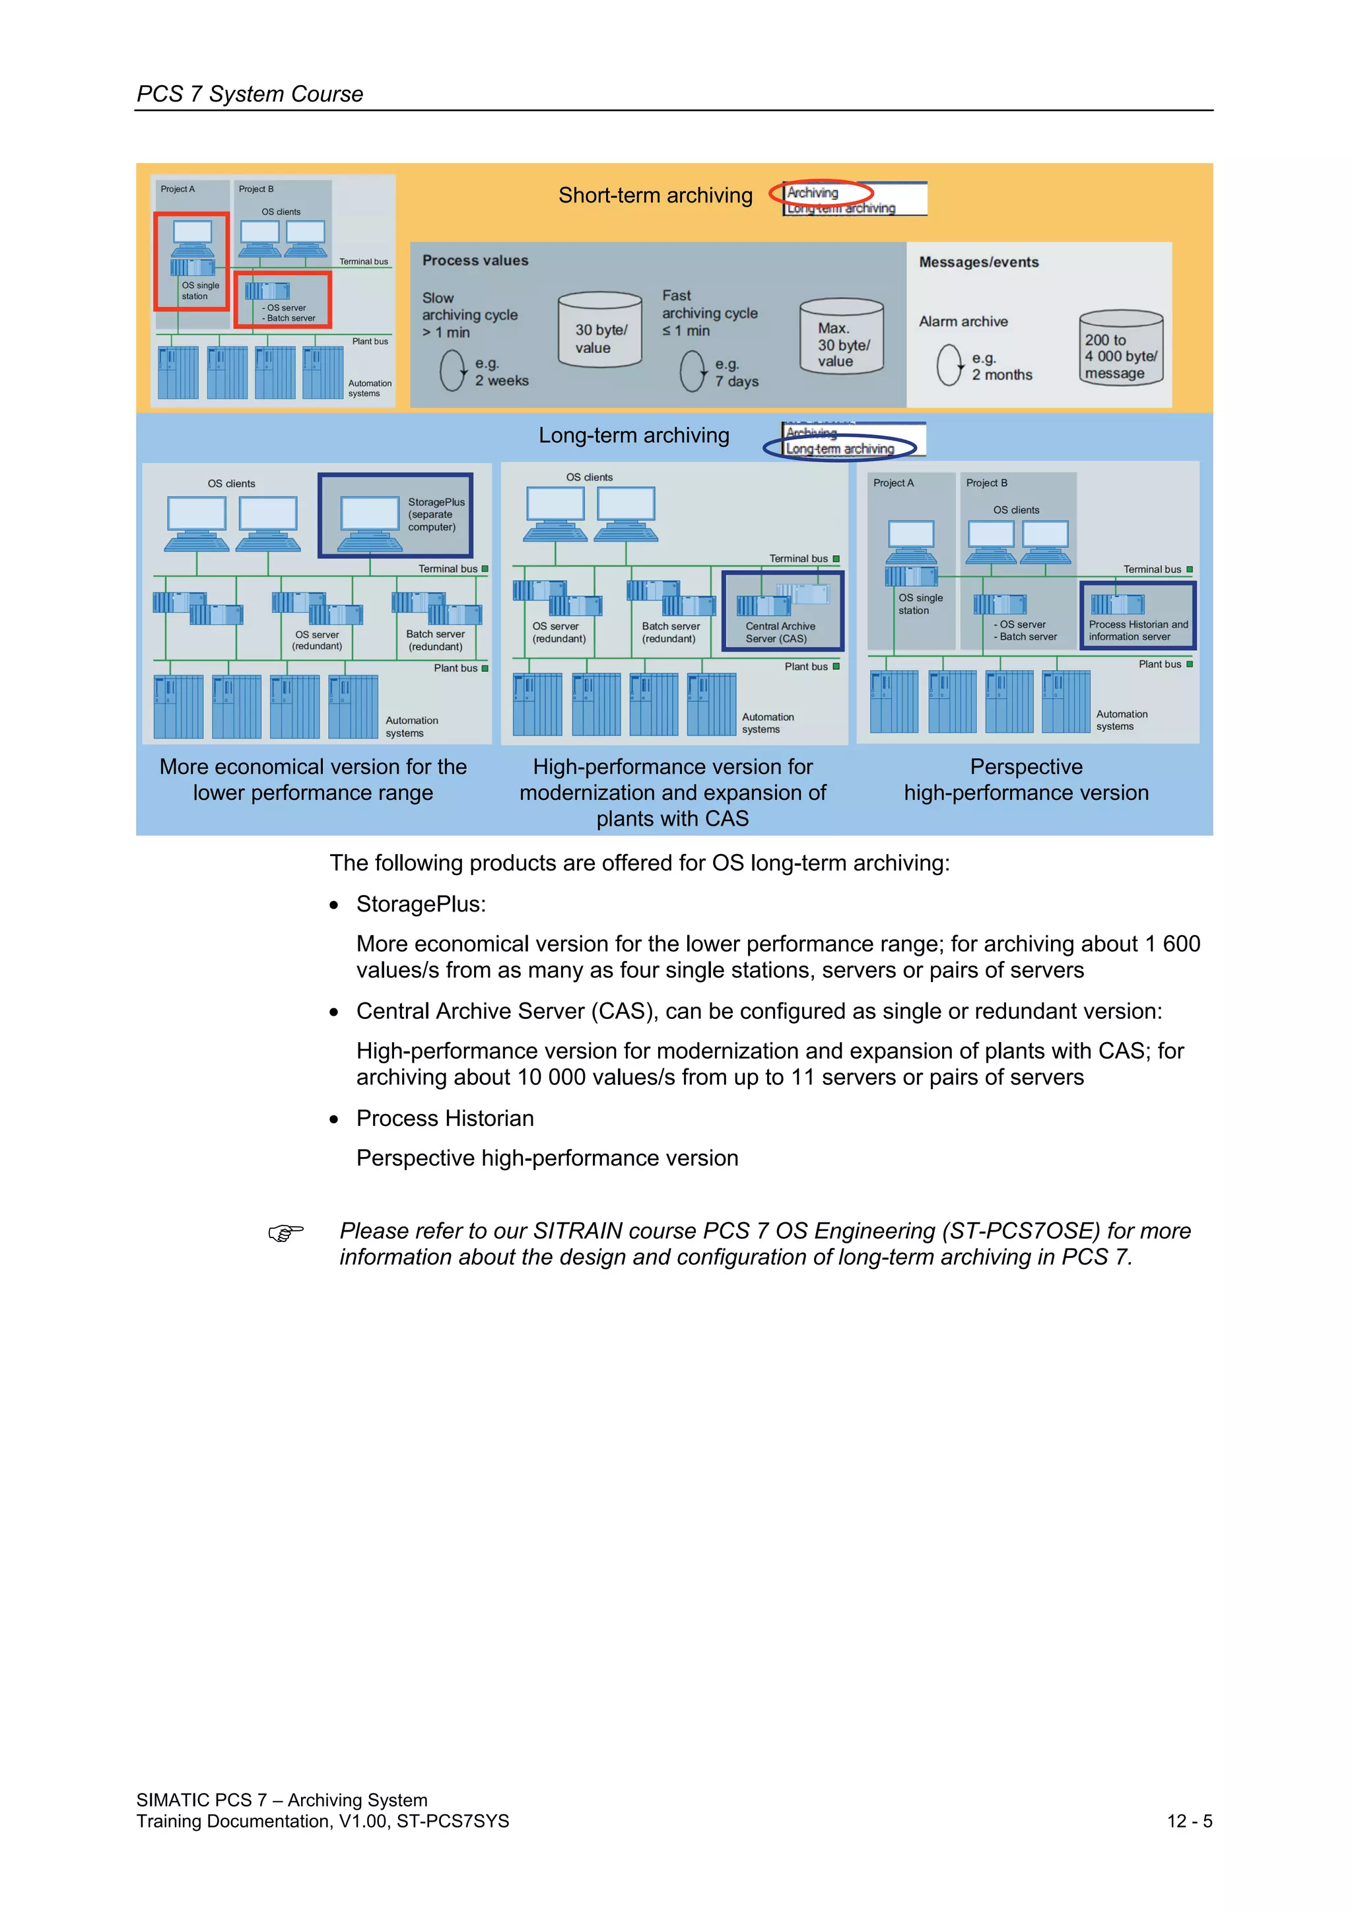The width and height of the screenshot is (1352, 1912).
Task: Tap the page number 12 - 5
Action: [x=1189, y=1821]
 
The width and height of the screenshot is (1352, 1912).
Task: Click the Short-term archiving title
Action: [x=655, y=196]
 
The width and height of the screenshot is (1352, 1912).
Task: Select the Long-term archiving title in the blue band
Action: [x=633, y=436]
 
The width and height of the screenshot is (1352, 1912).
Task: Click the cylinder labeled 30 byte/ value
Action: [x=600, y=331]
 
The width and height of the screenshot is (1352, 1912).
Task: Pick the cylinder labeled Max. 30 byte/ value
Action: [x=841, y=337]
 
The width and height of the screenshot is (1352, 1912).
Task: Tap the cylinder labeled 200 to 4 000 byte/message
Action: [x=1120, y=348]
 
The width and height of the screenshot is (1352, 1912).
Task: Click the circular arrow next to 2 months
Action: [x=949, y=366]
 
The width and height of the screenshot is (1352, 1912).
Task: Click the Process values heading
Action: [x=475, y=261]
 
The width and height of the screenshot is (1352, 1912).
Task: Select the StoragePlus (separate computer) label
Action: [x=436, y=515]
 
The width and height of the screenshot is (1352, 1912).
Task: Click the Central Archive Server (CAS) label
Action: [x=780, y=633]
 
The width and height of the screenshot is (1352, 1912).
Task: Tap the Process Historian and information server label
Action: [x=1138, y=630]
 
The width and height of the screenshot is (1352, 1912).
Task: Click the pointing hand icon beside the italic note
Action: [x=286, y=1232]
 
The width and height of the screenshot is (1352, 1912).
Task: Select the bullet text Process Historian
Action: [x=445, y=1119]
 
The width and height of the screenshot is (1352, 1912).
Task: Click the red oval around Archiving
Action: [x=820, y=192]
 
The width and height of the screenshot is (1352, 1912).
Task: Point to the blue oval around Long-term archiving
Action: [x=840, y=448]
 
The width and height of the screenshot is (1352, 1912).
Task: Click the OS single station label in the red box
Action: [x=200, y=290]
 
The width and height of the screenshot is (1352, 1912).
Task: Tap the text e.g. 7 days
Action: [x=736, y=373]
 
